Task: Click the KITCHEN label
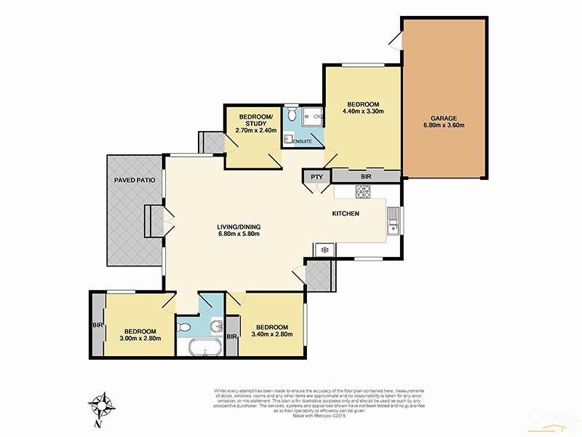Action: [x=346, y=213]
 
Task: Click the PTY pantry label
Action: [x=316, y=176]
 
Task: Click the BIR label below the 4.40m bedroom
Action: [x=365, y=176]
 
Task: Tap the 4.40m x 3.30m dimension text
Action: [x=363, y=111]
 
